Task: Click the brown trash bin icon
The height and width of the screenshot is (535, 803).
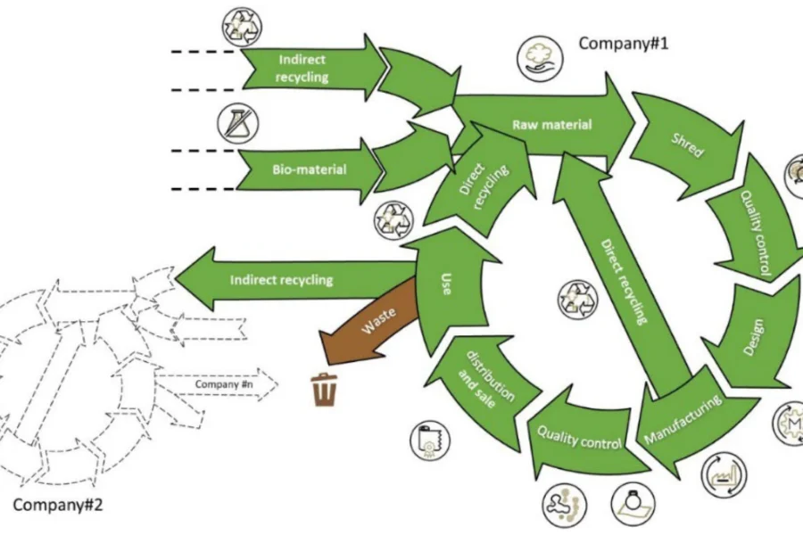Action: click(323, 390)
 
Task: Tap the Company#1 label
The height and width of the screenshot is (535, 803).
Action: click(624, 44)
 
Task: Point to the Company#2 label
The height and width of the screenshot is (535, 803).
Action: click(58, 505)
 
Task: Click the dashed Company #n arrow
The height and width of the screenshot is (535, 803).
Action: click(224, 384)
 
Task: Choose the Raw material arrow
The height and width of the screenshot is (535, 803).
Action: click(544, 124)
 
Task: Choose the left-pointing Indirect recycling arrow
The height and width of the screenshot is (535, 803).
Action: click(286, 280)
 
